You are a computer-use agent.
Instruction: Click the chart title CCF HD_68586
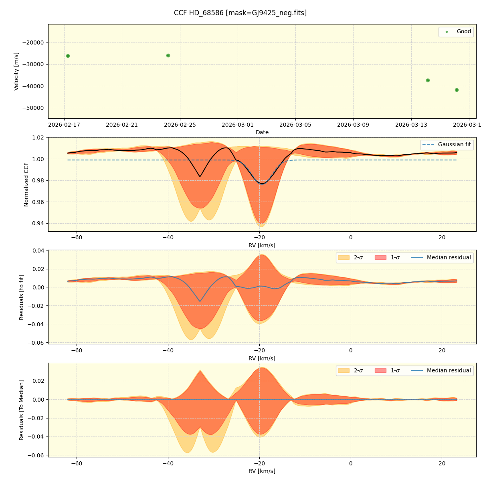(x=240, y=13)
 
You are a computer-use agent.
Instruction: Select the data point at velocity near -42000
(x=457, y=90)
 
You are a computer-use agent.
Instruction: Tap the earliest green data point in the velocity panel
(x=68, y=56)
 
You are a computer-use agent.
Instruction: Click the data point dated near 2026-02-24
(x=168, y=55)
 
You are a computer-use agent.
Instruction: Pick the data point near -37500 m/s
(x=428, y=80)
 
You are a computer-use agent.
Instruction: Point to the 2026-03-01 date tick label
(x=238, y=125)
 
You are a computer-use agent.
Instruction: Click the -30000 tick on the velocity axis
(x=34, y=64)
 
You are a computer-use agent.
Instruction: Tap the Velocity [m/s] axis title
(x=16, y=71)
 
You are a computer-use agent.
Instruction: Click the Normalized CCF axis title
(x=26, y=184)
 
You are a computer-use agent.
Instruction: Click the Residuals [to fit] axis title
(x=21, y=297)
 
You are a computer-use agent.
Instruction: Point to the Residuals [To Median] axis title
(x=21, y=410)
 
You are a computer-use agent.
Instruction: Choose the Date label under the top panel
(x=262, y=132)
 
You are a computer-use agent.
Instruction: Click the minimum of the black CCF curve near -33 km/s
(x=200, y=176)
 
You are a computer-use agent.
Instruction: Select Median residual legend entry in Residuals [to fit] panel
(x=449, y=257)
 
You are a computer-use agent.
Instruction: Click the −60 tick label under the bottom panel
(x=77, y=464)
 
